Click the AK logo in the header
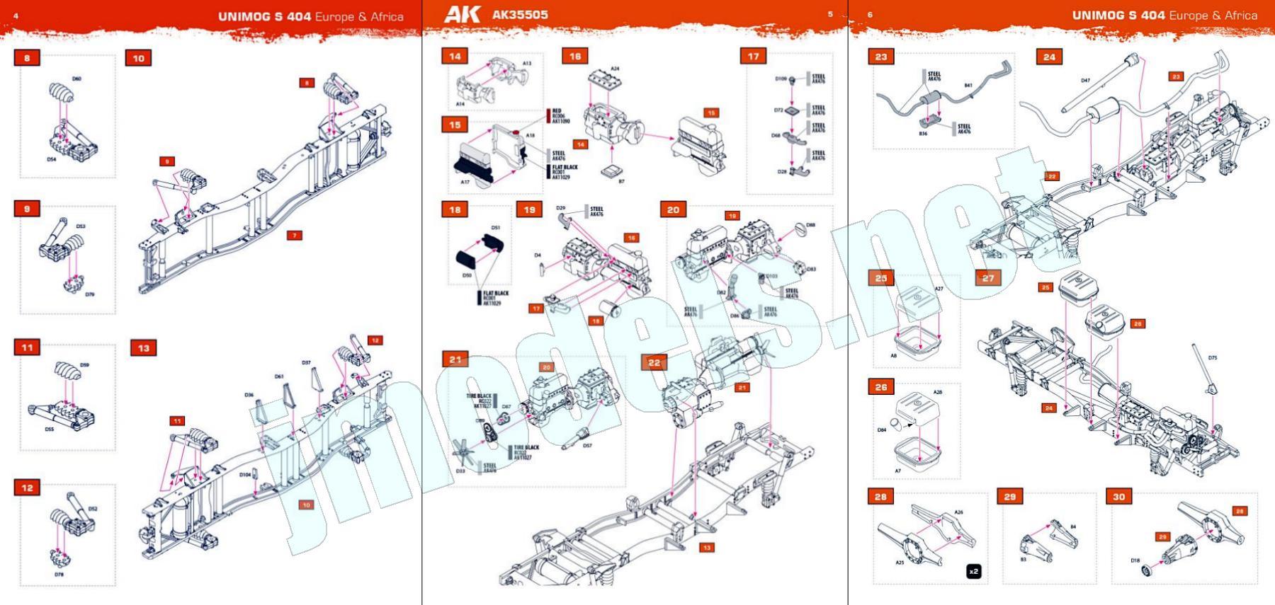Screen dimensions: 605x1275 tap(462, 14)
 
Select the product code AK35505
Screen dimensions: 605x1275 tap(520, 14)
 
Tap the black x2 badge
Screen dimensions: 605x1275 tap(974, 571)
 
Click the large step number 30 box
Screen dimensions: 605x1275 tap(1119, 497)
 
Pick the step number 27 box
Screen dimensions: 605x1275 tap(988, 278)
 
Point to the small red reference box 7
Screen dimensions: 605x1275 tap(295, 235)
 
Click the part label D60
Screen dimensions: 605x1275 tap(76, 79)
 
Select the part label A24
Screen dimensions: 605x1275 tap(615, 69)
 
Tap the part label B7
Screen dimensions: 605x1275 tap(621, 182)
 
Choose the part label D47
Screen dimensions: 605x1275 tap(1085, 81)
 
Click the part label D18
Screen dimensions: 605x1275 tap(1135, 560)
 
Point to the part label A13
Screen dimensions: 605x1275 tap(527, 64)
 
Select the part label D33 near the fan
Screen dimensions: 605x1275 tap(460, 471)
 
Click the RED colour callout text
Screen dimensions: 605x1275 tap(557, 111)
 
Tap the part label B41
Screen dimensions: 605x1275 tap(968, 86)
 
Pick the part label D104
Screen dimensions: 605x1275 tap(245, 475)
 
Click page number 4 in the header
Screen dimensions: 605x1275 tap(16, 16)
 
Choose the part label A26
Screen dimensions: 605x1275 tap(958, 512)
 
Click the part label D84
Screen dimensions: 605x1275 tap(881, 430)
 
